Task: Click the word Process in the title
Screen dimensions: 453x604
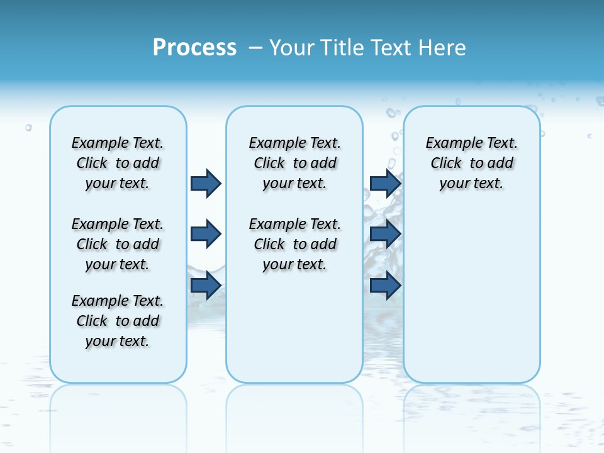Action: [x=194, y=47]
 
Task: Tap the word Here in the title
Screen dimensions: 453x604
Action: [x=443, y=47]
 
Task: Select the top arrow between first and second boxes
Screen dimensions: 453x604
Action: [x=206, y=183]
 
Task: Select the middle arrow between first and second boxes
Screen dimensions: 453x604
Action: [x=206, y=234]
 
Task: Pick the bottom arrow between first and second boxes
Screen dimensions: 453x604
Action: [x=206, y=286]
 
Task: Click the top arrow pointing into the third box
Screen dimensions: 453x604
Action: [x=385, y=183]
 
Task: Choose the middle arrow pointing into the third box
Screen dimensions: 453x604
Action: [x=385, y=234]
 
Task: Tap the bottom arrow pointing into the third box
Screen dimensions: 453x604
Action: [x=385, y=286]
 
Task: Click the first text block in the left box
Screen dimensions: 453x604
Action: [x=118, y=163]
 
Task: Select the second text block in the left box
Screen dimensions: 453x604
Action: [x=118, y=244]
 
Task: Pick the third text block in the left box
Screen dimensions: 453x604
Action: [x=118, y=321]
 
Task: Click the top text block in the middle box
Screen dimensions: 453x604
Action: [x=294, y=163]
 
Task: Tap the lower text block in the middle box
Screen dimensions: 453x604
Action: [x=294, y=244]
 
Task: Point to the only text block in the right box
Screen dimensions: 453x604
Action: [x=471, y=163]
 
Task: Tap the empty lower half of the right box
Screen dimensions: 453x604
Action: [x=471, y=302]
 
